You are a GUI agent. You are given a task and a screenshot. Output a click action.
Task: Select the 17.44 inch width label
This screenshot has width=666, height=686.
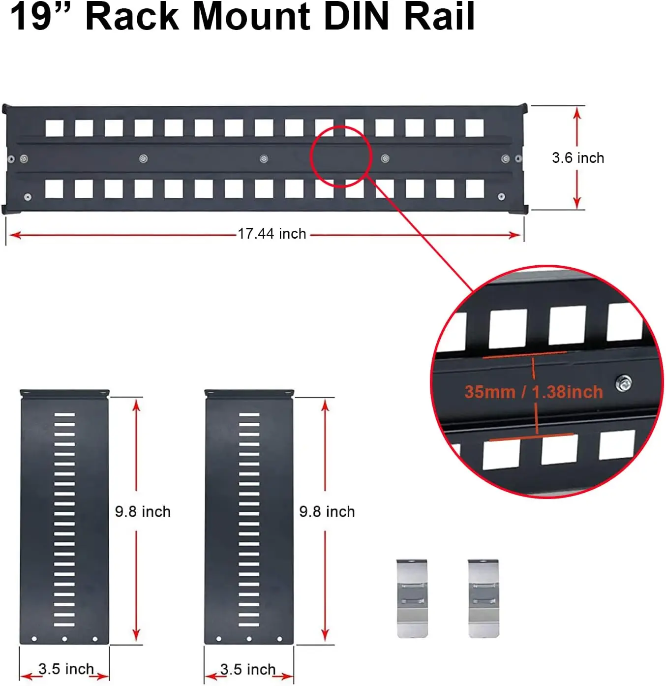pos(272,234)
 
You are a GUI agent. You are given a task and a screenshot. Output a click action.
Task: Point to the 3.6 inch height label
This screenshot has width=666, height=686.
pos(578,158)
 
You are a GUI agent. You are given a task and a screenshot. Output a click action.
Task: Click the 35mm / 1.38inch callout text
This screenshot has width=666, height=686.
pos(534,392)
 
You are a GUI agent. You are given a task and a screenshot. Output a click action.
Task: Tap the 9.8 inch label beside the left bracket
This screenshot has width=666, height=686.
pos(143,512)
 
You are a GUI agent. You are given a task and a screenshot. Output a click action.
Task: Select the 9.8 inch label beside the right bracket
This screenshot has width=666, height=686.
pos(327,512)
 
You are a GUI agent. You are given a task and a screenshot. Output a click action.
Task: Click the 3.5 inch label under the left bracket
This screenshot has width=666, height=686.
pos(66,669)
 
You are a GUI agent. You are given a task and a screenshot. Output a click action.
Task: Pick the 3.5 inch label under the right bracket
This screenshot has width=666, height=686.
pos(248,670)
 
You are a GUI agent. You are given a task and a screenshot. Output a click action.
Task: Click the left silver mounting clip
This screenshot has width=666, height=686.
pos(412,597)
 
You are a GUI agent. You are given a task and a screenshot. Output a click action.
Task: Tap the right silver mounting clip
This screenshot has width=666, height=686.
pos(483,597)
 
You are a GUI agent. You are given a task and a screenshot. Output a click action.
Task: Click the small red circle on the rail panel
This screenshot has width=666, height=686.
pos(340,156)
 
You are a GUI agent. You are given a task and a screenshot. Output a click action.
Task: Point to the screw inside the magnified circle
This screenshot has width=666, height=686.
pos(624,382)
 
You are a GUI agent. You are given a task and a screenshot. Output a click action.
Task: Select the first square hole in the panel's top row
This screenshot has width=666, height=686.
pos(54,128)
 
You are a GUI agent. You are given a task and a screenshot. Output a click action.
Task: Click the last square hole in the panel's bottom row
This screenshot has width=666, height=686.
pos(475,188)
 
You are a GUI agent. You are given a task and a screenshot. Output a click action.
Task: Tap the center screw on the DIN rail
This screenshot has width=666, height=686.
pos(264,159)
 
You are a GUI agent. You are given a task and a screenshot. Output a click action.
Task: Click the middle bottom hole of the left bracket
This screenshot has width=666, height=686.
pos(64,639)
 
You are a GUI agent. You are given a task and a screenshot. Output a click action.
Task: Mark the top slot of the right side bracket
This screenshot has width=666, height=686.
pos(249,415)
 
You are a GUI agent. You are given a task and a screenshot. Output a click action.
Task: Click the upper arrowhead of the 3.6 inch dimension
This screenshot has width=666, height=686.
pos(577,113)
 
